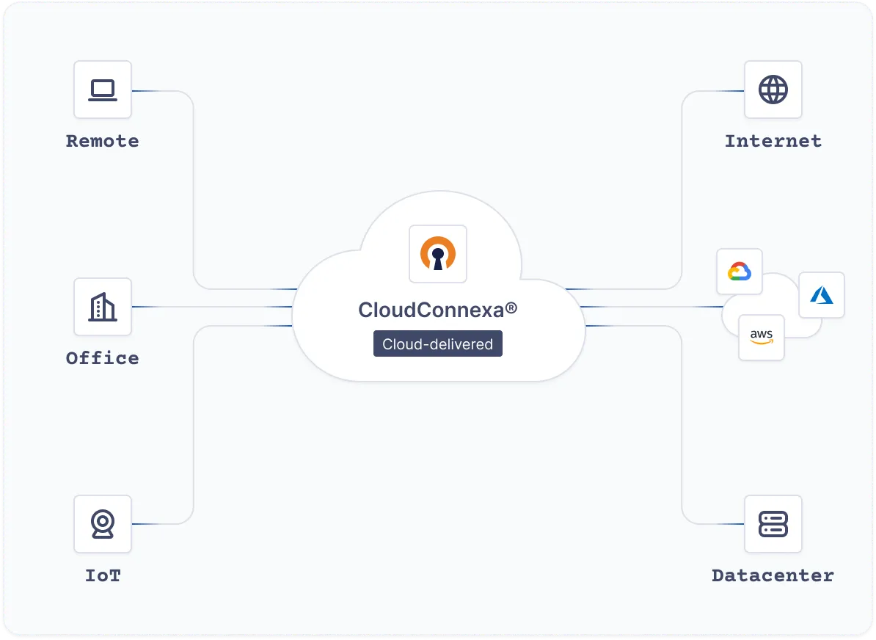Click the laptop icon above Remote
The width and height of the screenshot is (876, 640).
pyautogui.click(x=103, y=90)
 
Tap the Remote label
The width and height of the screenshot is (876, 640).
pyautogui.click(x=103, y=141)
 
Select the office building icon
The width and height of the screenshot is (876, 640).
pyautogui.click(x=103, y=307)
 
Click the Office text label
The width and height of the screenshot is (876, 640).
pyautogui.click(x=103, y=358)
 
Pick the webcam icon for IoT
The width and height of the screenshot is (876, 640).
pyautogui.click(x=103, y=524)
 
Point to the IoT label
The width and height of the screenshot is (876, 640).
pyautogui.click(x=103, y=575)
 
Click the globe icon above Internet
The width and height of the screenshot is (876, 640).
pyautogui.click(x=773, y=90)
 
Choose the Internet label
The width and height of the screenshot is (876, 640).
pyautogui.click(x=773, y=141)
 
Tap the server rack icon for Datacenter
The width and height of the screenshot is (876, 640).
pyautogui.click(x=773, y=524)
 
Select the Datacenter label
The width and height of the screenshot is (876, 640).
pyautogui.click(x=773, y=575)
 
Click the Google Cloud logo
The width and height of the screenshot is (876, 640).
pyautogui.click(x=740, y=272)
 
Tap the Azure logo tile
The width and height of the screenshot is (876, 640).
pyautogui.click(x=822, y=295)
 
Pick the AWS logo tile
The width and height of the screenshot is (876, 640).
pyautogui.click(x=762, y=338)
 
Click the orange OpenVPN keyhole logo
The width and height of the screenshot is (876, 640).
pyautogui.click(x=438, y=254)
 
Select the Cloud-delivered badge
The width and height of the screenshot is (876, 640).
pyautogui.click(x=438, y=344)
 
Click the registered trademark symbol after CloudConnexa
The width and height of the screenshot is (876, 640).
pyautogui.click(x=511, y=308)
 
